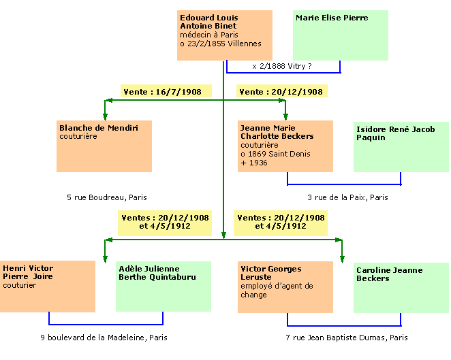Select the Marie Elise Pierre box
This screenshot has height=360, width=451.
tap(341, 35)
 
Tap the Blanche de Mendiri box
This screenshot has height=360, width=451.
tap(104, 146)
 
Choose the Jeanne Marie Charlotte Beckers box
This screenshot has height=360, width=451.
tap(285, 146)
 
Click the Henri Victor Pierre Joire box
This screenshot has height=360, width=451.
tap(48, 286)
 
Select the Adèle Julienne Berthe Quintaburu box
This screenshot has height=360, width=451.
tap(163, 286)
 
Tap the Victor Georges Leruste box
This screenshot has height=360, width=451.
tap(285, 286)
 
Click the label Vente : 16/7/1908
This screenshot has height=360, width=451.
tap(166, 91)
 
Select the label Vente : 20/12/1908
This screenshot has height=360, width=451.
tap(281, 91)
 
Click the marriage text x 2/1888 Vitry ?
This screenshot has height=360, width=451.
tap(282, 66)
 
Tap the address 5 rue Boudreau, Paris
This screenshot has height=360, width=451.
tap(107, 197)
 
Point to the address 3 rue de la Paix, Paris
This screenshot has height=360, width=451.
tap(347, 197)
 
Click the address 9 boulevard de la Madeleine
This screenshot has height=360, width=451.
tap(103, 337)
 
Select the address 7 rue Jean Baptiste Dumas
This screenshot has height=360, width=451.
tap(347, 337)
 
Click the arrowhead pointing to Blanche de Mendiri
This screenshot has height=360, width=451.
tap(105, 116)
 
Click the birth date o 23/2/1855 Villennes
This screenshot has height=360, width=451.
tap(221, 44)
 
